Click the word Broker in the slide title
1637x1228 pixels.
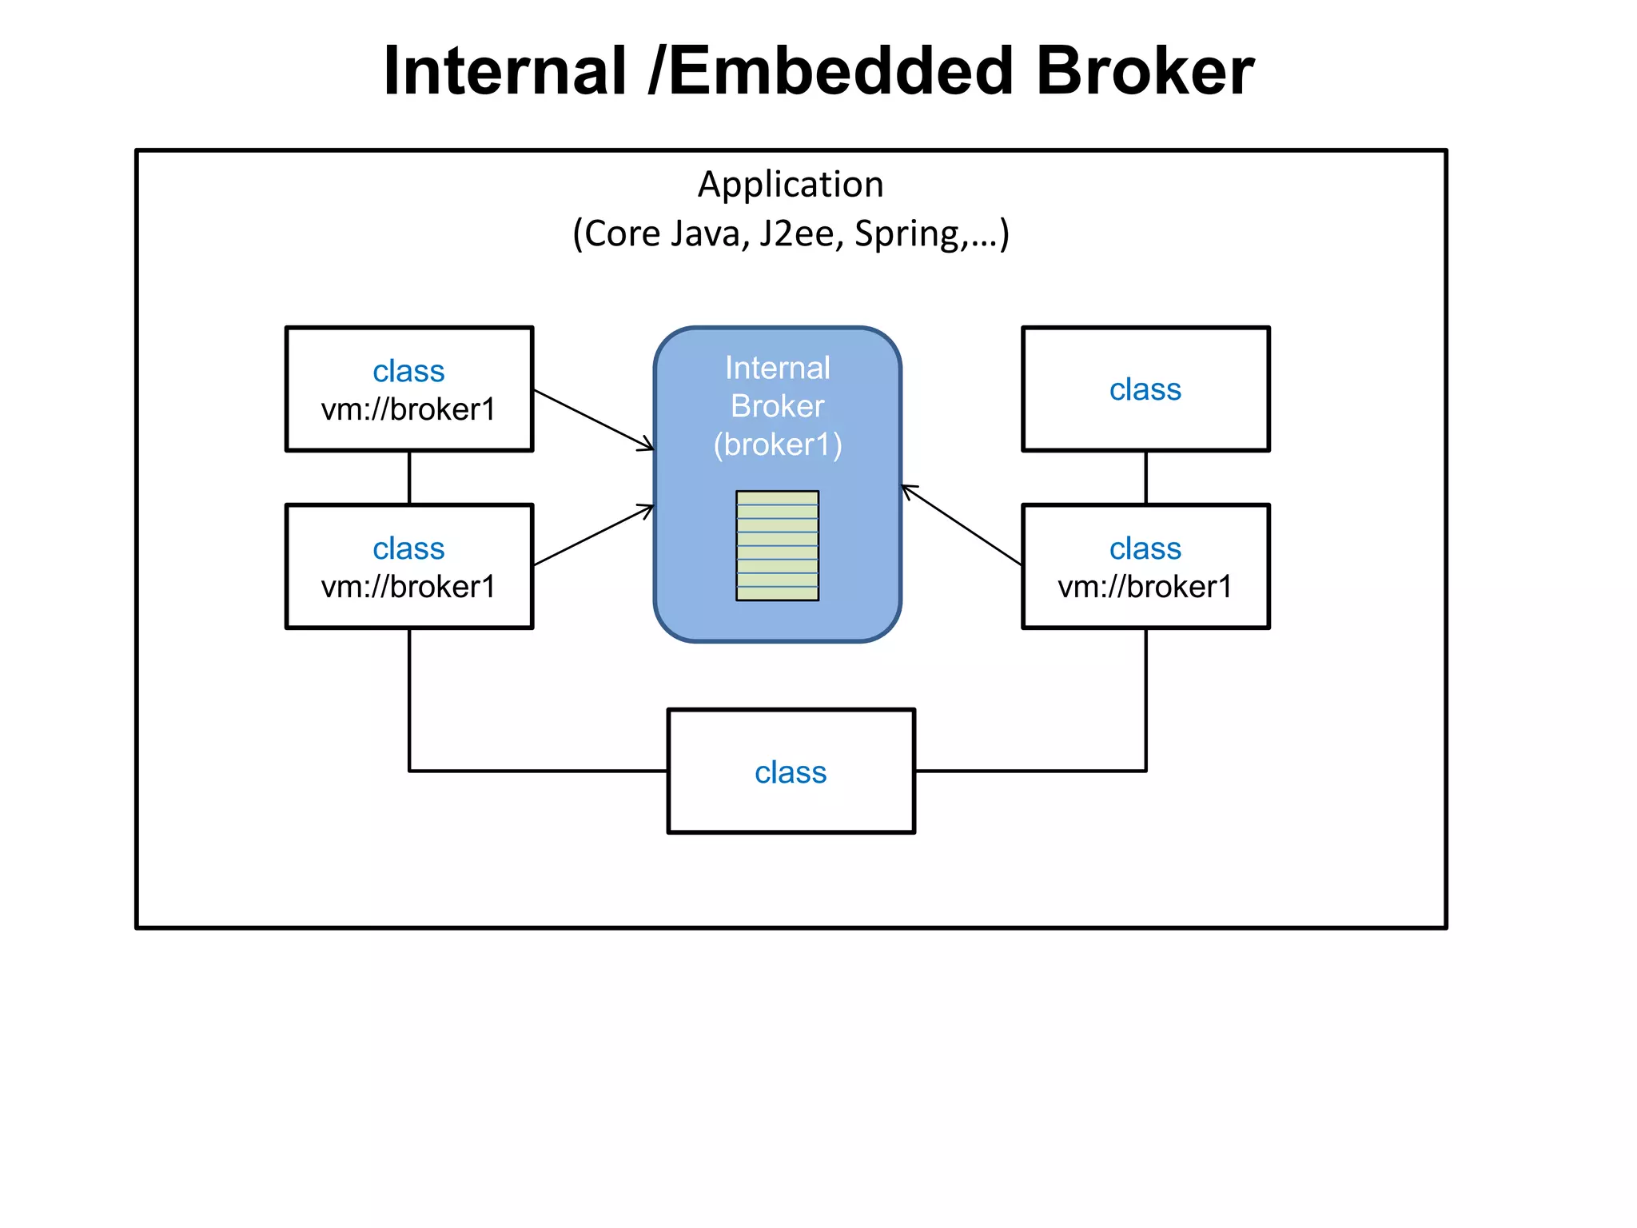[x=1145, y=71]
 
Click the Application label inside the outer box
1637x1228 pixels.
[x=791, y=185]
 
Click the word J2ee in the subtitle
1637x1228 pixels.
[x=796, y=234]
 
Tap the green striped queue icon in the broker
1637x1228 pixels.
[x=777, y=545]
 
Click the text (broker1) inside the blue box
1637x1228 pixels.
[x=778, y=445]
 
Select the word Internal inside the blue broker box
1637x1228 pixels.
[x=778, y=369]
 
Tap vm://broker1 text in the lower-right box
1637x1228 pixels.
[x=1145, y=587]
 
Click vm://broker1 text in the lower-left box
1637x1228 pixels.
[x=408, y=587]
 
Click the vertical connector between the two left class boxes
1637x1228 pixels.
[x=409, y=478]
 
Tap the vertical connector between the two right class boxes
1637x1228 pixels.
[x=1145, y=478]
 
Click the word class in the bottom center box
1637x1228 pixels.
[x=791, y=772]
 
